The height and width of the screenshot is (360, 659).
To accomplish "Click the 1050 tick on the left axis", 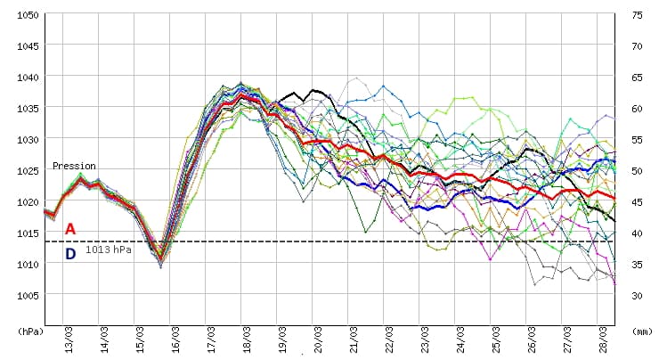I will coord(26,15).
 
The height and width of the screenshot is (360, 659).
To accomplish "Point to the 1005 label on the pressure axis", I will coord(26,295).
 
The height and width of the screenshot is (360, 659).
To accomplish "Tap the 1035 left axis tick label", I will coord(26,109).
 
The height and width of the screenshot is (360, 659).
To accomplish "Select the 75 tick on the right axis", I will coord(637,15).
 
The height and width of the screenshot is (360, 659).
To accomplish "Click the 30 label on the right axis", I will coord(637,295).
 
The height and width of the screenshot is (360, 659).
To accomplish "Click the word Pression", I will coord(74,166).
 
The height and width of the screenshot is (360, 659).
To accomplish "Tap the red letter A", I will coord(70,229).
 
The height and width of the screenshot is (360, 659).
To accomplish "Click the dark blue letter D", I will coord(70,254).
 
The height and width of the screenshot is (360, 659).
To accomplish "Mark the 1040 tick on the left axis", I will coord(26,78).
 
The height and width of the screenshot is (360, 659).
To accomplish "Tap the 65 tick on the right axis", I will coord(637,78).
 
